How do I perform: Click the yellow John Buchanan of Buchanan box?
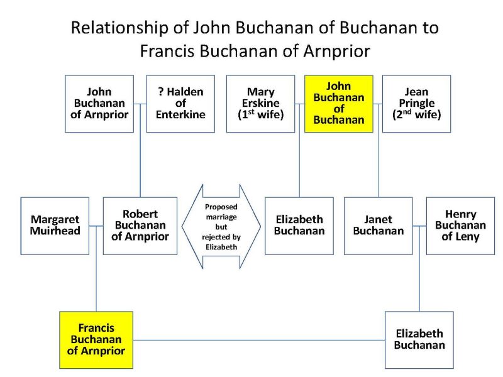click(339, 103)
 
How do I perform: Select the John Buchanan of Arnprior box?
click(99, 103)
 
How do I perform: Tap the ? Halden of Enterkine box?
click(180, 103)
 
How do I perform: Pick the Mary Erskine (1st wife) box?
click(260, 103)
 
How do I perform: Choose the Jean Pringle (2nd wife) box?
click(416, 103)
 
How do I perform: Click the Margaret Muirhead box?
click(55, 226)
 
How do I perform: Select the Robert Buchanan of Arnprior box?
click(140, 226)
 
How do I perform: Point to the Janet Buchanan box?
click(378, 226)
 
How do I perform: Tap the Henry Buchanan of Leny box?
click(460, 226)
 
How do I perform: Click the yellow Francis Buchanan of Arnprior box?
click(96, 339)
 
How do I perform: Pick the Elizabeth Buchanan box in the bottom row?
click(419, 339)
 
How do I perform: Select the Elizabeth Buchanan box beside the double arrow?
click(299, 226)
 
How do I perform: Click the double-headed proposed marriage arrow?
click(221, 226)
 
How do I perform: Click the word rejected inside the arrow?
click(221, 236)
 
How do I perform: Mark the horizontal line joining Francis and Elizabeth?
click(259, 340)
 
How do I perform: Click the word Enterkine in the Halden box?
click(180, 114)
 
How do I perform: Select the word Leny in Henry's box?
click(469, 237)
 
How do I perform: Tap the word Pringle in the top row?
click(416, 103)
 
